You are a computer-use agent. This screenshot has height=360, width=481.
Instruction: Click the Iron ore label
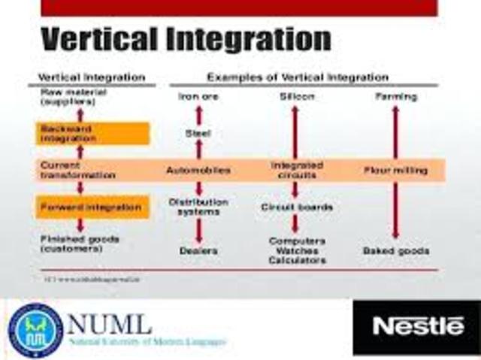coord(199,97)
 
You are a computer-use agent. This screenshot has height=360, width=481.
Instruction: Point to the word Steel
coord(198,134)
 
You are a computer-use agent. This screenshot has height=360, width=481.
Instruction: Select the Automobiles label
coord(198,171)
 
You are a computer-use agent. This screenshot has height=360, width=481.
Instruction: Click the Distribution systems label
coord(198,207)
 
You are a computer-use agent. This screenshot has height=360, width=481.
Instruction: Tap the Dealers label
coord(198,250)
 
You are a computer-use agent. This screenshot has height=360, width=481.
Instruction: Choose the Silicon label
coord(295,97)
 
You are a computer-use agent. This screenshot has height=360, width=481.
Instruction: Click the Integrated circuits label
coord(296,170)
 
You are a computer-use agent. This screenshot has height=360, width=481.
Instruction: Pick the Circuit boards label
coord(297,207)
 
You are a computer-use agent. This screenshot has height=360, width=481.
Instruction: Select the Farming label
coord(395,97)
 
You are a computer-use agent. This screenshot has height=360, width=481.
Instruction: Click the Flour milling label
coord(395,171)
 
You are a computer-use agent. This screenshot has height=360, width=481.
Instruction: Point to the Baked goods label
coord(395,250)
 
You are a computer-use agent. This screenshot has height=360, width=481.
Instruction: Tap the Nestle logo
coord(418,326)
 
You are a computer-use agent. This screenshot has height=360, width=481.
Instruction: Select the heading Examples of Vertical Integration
coord(298,77)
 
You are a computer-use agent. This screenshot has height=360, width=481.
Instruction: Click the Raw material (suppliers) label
coord(72,96)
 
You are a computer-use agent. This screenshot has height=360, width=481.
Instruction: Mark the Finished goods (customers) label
coord(77,244)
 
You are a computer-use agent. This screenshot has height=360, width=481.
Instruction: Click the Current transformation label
coord(78,170)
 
